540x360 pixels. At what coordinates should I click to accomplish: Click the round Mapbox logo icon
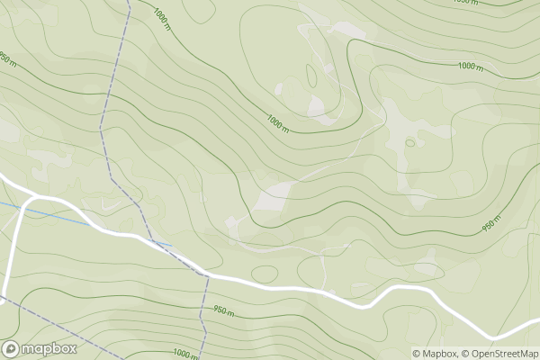pos(12,349)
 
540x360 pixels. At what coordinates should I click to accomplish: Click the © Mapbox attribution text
pos(435,354)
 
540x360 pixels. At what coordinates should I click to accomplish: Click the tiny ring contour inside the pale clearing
pos(410,142)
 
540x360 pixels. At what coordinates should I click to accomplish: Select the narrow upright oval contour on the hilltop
pos(311,76)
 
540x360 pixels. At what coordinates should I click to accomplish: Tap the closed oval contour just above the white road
pos(265,273)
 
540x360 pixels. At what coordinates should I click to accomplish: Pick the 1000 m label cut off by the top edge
pos(465,3)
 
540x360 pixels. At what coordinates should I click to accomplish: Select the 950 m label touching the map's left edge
pos(7,58)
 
